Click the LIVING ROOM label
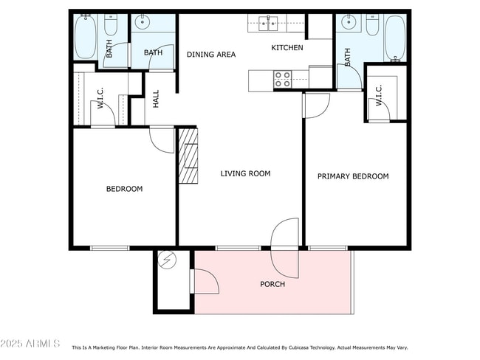tap(245, 173)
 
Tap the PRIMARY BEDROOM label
tap(353, 176)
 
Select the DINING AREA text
tap(211, 55)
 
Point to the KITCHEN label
tap(287, 47)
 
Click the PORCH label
tap(272, 284)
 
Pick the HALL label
tap(156, 99)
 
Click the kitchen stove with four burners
tap(282, 79)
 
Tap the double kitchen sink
tap(268, 24)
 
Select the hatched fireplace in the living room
tap(188, 156)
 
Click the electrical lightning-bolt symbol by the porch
tap(167, 260)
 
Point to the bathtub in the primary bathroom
tap(394, 38)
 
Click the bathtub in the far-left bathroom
tap(86, 37)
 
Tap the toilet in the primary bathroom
tap(372, 24)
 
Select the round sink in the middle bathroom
tap(142, 22)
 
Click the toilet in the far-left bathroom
tap(111, 24)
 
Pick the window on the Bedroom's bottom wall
tap(110, 248)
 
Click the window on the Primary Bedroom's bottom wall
tap(328, 248)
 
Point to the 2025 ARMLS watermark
tap(30, 344)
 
